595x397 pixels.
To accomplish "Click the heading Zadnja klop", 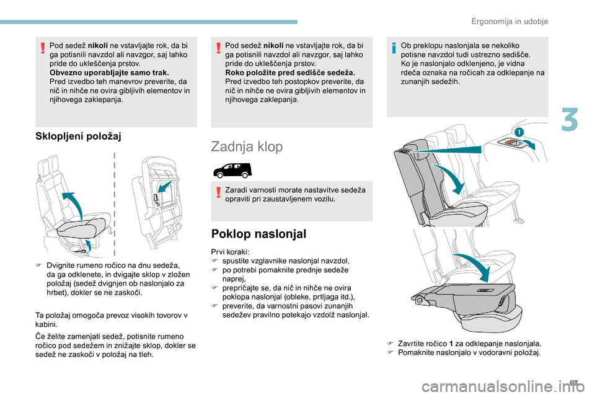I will [x=247, y=147].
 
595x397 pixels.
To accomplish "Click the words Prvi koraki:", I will [x=229, y=251].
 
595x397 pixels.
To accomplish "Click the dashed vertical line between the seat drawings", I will [x=115, y=205].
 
